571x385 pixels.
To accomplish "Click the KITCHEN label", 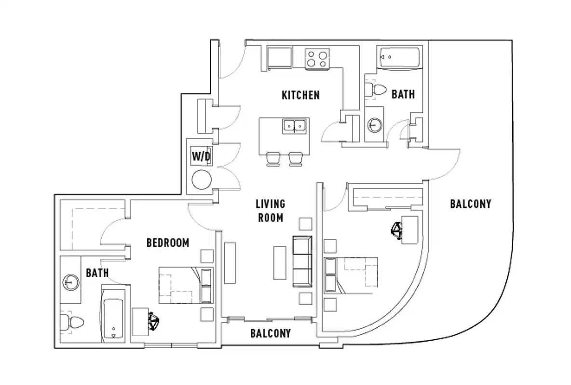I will [300, 95].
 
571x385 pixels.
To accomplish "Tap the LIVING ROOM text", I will [270, 211].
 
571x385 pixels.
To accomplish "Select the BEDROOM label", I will [167, 243].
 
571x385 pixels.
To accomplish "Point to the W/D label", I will [202, 156].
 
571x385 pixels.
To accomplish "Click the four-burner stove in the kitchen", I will [317, 59].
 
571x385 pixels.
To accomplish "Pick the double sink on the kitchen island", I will [295, 127].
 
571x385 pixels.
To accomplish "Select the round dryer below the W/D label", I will [202, 180].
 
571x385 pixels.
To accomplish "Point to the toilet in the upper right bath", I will [376, 90].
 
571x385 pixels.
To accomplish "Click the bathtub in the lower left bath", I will [113, 319].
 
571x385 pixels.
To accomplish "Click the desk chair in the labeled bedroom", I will [154, 321].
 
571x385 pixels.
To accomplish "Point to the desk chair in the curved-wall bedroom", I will [397, 230].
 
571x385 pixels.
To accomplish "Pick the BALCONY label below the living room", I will [270, 333].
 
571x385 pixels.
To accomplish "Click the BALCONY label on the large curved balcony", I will [470, 204].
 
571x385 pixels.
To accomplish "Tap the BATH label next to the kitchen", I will [403, 94].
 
